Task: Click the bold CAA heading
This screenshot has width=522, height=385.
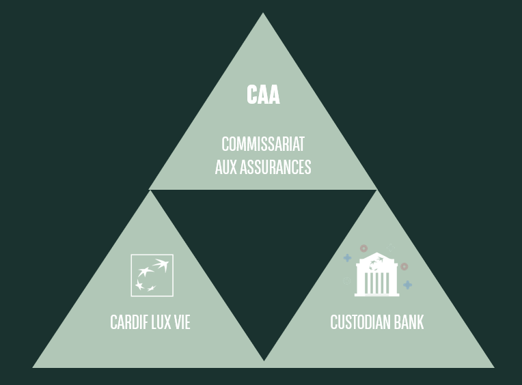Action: tap(263, 94)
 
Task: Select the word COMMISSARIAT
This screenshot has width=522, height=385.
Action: tap(263, 144)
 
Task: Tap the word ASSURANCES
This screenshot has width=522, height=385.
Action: tap(275, 167)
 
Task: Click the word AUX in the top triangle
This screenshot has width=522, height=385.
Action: tap(226, 167)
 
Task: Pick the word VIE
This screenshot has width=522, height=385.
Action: tap(182, 322)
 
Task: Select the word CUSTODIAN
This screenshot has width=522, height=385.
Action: tap(361, 322)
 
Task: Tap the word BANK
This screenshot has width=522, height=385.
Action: tap(409, 322)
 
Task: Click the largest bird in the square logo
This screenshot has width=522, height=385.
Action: tap(162, 264)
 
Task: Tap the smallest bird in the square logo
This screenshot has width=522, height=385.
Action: tap(152, 288)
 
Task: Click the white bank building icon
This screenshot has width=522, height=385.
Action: tap(376, 274)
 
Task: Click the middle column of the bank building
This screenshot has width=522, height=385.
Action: tap(376, 283)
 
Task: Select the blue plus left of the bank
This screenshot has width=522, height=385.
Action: tap(347, 258)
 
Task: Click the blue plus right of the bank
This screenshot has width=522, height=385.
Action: tap(407, 285)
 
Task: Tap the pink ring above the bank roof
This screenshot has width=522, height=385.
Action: tap(363, 248)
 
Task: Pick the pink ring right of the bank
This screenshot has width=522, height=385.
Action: tap(404, 266)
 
